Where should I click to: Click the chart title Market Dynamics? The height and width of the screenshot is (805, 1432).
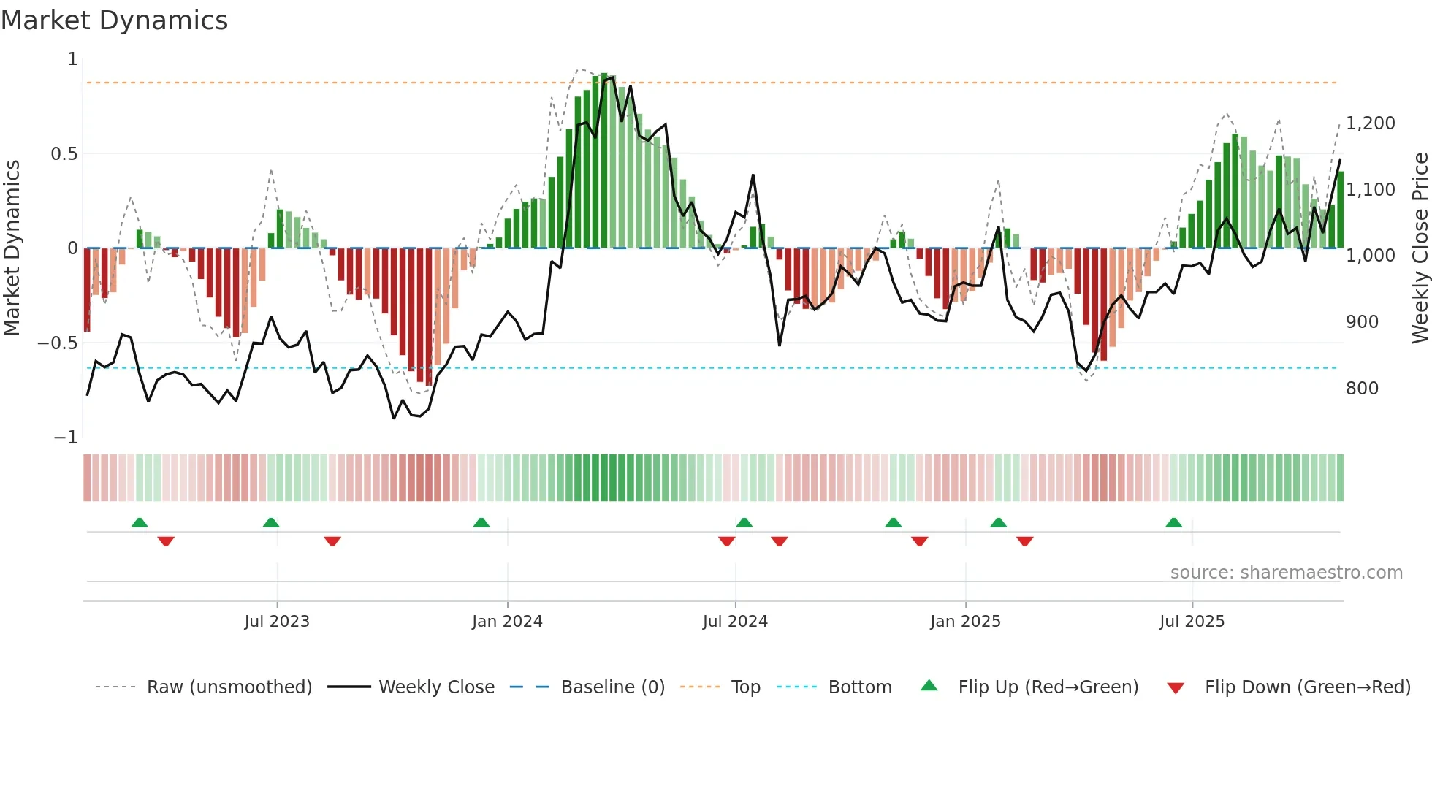tap(114, 20)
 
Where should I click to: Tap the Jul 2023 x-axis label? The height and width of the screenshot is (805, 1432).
tap(277, 622)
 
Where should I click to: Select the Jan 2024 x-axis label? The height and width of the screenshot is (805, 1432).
tap(507, 622)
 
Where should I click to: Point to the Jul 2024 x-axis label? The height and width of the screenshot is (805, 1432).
tap(735, 622)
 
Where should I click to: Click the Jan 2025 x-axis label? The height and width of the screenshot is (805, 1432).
tap(965, 622)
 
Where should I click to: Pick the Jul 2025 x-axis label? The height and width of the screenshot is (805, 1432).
tap(1192, 622)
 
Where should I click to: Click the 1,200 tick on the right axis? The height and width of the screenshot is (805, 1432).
tap(1371, 123)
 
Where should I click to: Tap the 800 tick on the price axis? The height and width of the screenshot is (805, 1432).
tap(1362, 389)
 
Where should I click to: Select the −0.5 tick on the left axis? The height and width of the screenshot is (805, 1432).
tap(58, 343)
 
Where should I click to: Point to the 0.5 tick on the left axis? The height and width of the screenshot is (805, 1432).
tap(64, 154)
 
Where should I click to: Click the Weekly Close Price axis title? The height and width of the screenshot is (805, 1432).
tap(1420, 248)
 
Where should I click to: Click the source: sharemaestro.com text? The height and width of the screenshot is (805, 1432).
tap(1286, 573)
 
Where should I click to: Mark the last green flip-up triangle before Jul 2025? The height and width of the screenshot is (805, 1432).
tap(1173, 523)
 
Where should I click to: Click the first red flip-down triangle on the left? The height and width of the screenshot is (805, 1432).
tap(166, 541)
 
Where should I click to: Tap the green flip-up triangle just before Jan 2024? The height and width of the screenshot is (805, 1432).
tap(481, 523)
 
